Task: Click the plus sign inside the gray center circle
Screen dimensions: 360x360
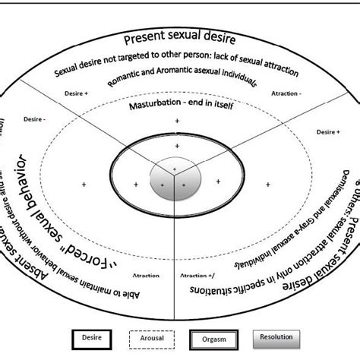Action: [x=175, y=168]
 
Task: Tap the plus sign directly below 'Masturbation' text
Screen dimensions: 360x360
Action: [x=176, y=121]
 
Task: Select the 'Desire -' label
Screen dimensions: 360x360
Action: [x=35, y=118]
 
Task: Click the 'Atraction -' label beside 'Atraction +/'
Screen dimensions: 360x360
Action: [x=146, y=298]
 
